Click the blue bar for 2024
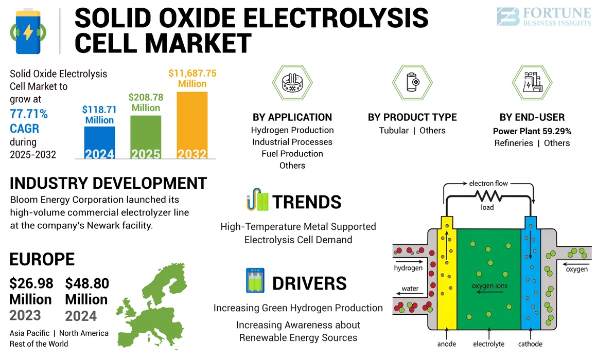99,143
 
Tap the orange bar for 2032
192,125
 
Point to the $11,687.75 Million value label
192,78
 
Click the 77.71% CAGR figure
29,120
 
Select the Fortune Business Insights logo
543,16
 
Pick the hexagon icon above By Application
292,82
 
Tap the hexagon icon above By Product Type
412,82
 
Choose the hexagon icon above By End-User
532,82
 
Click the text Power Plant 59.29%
532,131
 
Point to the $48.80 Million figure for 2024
86,291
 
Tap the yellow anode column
446,278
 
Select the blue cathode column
529,278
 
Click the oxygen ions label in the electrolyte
489,286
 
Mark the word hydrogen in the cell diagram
408,267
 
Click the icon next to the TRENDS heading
257,202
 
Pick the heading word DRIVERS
309,283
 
